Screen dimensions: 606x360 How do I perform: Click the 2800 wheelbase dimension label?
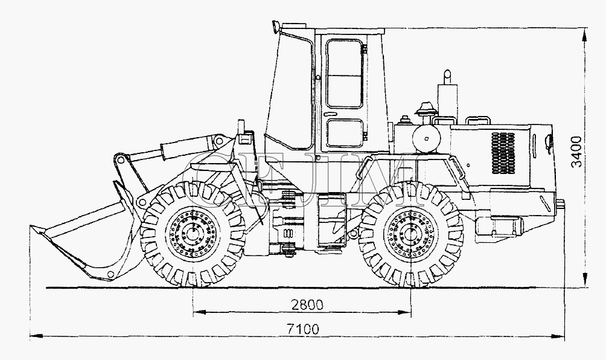click(307, 305)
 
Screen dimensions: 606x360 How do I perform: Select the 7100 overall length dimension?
click(303, 329)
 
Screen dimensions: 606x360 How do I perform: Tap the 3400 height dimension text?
click(576, 151)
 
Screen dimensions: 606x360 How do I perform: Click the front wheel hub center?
click(192, 233)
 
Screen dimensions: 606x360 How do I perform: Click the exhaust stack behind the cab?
click(447, 96)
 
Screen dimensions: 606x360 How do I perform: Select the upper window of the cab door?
click(345, 74)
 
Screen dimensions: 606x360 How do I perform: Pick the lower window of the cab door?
click(345, 133)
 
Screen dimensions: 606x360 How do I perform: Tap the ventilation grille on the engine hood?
click(503, 153)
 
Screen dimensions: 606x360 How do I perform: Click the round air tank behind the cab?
click(427, 138)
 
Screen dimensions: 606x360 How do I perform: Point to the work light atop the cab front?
click(276, 27)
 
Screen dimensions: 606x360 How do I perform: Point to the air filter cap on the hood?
click(426, 108)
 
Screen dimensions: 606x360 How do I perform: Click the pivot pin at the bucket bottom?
click(111, 274)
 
